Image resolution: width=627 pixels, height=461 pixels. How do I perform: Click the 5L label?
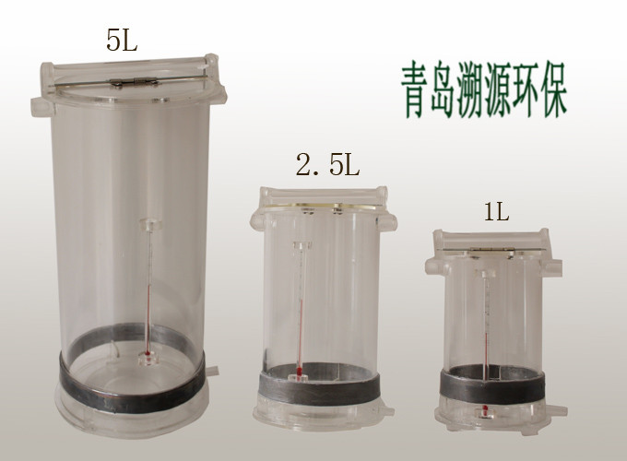(122, 40)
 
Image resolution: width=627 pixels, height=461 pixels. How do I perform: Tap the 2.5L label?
(328, 165)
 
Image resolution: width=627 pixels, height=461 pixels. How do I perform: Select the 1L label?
(497, 212)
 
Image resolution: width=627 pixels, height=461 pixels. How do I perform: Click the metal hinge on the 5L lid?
(134, 82)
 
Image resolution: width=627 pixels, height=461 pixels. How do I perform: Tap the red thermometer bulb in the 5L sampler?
(148, 353)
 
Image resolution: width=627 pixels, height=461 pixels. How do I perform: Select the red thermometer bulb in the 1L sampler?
(485, 409)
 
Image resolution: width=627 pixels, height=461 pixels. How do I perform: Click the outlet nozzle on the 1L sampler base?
(556, 410)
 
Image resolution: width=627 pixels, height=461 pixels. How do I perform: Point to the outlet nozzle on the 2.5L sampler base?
(386, 410)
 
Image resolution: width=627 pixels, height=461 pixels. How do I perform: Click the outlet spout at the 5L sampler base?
(212, 370)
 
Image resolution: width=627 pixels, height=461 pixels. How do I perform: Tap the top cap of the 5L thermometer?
(150, 224)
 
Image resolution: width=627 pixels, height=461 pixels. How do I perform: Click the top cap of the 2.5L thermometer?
(302, 245)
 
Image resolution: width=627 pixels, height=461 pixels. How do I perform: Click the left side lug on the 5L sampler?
(42, 106)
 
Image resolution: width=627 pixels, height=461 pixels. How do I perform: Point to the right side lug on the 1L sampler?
(552, 267)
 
